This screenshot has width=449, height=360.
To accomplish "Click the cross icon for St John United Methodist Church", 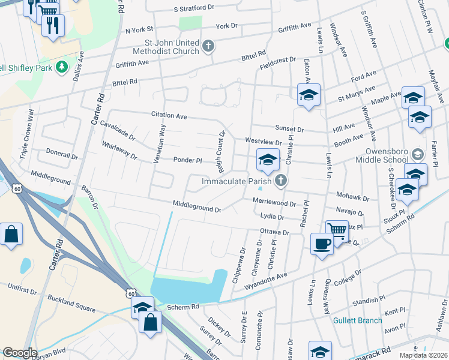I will point(208,47).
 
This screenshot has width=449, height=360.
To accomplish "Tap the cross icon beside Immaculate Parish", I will point(280,181).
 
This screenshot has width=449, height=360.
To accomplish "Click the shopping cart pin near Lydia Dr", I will point(337,229).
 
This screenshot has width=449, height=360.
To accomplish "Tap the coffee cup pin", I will point(322,244).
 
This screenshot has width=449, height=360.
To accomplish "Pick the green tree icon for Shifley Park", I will point(61,67).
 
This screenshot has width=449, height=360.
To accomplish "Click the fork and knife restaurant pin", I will point(53,25).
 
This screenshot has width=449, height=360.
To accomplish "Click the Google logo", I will point(20,352).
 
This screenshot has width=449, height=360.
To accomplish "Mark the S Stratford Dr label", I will point(194,8).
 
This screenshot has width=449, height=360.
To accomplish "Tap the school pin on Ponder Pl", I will point(268,159).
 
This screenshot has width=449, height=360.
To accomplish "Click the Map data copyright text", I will point(423,355).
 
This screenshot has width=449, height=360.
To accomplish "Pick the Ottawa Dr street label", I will point(274,232).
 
